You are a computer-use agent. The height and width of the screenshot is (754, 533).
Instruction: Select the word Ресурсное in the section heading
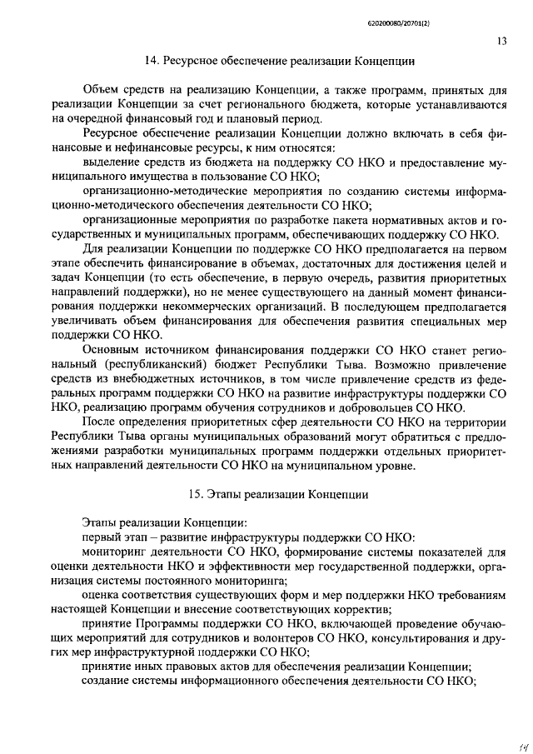pos(194,61)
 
